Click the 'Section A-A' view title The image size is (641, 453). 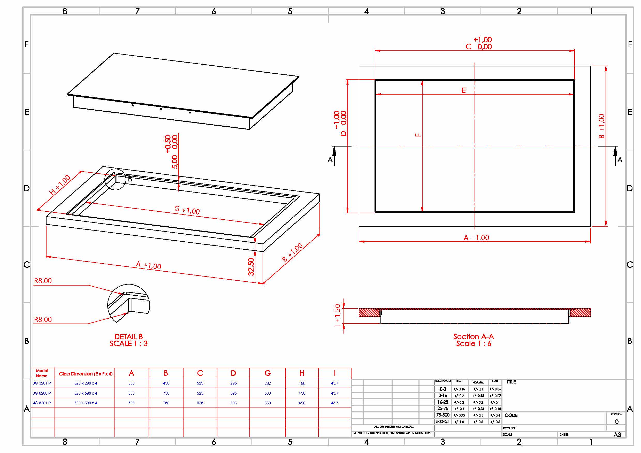(x=474, y=336)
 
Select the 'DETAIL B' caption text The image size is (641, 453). (x=128, y=337)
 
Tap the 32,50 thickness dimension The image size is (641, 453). (x=251, y=266)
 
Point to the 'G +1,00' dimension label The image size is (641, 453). (x=187, y=210)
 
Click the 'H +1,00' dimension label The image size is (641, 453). (x=60, y=185)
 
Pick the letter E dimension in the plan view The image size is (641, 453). (x=463, y=90)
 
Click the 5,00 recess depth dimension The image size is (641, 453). (x=174, y=162)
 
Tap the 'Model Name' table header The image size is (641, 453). (x=42, y=373)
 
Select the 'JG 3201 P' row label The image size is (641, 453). (x=42, y=383)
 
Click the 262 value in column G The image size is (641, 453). (x=268, y=383)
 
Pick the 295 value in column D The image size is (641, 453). (x=233, y=383)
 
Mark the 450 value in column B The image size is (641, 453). (x=166, y=383)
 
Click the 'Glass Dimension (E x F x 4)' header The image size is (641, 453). (x=86, y=374)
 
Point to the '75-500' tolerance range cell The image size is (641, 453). (x=443, y=415)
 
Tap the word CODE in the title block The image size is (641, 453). (x=511, y=415)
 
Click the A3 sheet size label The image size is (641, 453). (x=617, y=435)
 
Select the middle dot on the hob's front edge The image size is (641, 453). (x=161, y=109)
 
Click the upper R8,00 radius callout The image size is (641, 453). (x=43, y=281)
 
